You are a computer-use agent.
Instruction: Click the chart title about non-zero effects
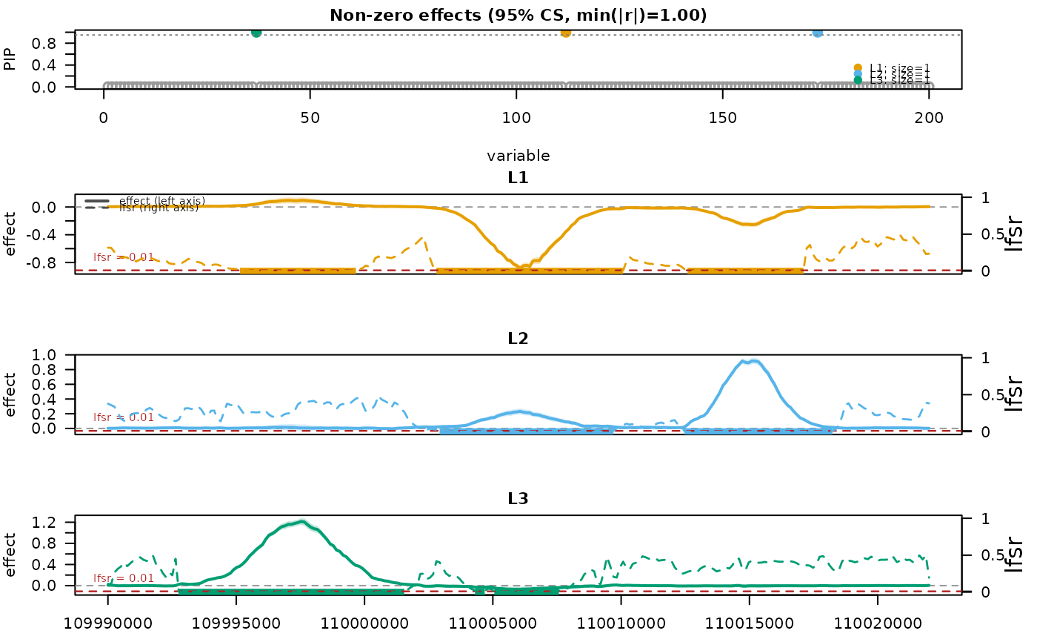[518, 15]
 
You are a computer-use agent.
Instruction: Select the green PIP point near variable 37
[256, 32]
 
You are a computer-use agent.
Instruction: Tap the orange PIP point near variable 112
[566, 32]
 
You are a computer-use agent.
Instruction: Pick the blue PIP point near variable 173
[817, 33]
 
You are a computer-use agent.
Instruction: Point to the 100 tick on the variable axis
[516, 117]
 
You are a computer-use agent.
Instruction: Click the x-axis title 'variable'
[518, 156]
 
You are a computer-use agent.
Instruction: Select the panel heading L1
[518, 178]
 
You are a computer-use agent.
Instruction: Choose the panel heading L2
[518, 338]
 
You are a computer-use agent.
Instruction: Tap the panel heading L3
[518, 499]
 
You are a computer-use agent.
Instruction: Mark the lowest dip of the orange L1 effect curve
[523, 267]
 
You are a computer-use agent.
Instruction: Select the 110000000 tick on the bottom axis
[364, 623]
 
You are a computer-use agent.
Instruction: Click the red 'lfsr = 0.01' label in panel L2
[123, 417]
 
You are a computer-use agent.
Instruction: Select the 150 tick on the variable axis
[722, 117]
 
